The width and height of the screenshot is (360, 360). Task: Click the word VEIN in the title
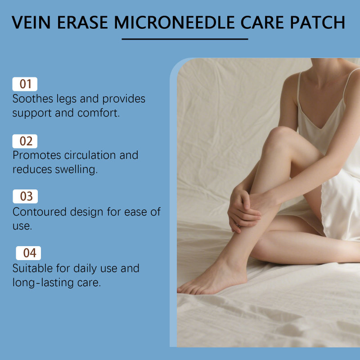(31, 22)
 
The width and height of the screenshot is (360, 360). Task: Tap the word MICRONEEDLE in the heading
(175, 22)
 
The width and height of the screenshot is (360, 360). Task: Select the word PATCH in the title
(318, 22)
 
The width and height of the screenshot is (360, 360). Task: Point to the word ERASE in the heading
(82, 22)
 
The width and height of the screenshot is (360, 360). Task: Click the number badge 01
(25, 84)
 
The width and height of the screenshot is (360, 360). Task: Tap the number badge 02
(25, 141)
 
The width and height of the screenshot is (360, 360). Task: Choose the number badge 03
(25, 196)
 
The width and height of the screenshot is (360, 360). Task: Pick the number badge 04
(28, 253)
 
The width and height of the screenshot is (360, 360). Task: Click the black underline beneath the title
(185, 39)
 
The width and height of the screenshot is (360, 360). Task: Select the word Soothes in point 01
(33, 99)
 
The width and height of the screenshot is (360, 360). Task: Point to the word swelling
(76, 170)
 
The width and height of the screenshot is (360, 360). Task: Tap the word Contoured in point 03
(40, 212)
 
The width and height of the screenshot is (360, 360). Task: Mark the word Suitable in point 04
(32, 268)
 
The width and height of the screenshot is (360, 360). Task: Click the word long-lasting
(43, 283)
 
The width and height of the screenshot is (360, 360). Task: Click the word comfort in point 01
(99, 113)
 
